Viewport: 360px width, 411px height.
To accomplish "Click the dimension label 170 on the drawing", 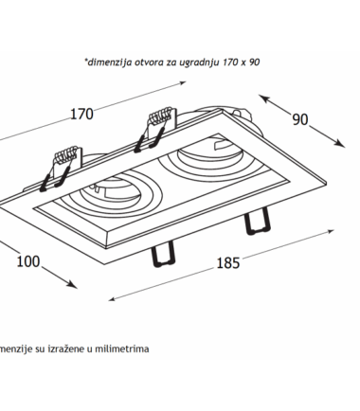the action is click(x=81, y=114).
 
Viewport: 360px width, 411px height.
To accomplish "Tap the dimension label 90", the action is click(x=300, y=119).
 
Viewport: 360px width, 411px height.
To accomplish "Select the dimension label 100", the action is click(x=28, y=261).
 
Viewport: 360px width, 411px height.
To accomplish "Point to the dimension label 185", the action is click(x=228, y=263).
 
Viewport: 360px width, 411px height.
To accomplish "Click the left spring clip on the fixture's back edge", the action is click(x=61, y=169).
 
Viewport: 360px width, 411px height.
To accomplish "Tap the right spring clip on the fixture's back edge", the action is click(x=154, y=129).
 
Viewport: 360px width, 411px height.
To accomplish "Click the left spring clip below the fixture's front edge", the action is click(x=163, y=254).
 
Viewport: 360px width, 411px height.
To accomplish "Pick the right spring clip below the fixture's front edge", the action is click(x=258, y=222).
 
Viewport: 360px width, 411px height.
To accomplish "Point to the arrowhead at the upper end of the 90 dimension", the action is click(x=264, y=98).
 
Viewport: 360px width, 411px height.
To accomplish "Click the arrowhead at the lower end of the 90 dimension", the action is click(x=340, y=144).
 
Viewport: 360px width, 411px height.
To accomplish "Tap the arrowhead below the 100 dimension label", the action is click(x=71, y=284).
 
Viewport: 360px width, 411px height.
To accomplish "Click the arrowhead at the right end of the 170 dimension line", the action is click(x=183, y=83).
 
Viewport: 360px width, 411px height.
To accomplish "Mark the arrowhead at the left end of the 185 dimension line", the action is click(x=112, y=299).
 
